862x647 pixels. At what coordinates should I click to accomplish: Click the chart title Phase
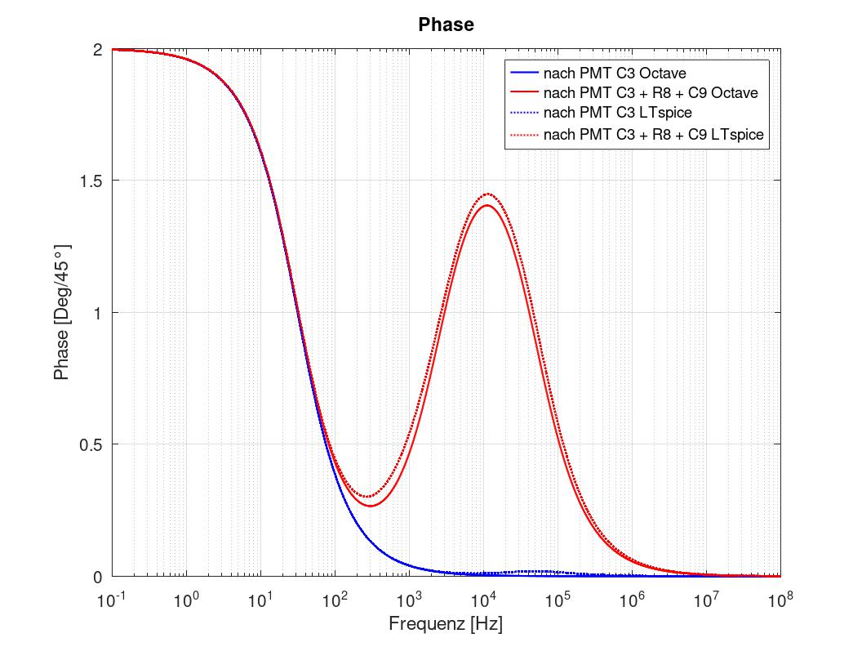click(446, 25)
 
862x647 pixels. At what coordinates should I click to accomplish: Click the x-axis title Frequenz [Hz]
click(446, 625)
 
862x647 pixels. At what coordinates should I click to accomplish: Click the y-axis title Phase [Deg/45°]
click(61, 312)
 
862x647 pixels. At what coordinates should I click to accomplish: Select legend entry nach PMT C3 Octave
click(615, 74)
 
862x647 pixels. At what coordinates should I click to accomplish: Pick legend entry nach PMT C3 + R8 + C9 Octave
click(651, 93)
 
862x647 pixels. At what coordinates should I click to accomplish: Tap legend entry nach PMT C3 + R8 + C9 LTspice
click(653, 134)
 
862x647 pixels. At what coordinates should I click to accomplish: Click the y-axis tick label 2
click(96, 49)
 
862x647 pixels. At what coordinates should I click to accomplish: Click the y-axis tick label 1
click(96, 313)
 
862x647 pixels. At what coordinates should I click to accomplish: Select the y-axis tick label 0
click(96, 577)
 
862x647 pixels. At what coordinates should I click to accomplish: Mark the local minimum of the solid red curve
click(371, 506)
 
